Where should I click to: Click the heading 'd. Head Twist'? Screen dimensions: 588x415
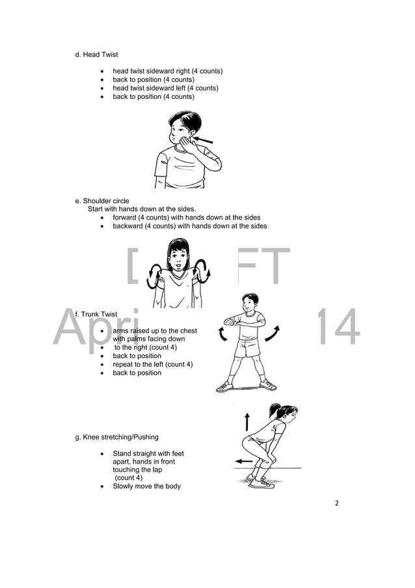pyautogui.click(x=97, y=55)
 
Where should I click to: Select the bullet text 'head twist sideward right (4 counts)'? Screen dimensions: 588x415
pyautogui.click(x=168, y=71)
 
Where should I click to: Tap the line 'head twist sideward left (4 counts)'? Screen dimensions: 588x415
pyautogui.click(x=165, y=88)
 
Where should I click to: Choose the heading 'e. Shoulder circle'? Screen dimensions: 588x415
pyautogui.click(x=103, y=201)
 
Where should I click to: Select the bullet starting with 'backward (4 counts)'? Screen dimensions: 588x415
pyautogui.click(x=190, y=226)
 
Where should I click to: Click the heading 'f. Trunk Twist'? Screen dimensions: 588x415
pyautogui.click(x=96, y=315)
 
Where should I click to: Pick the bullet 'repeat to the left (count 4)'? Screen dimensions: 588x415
pyautogui.click(x=152, y=365)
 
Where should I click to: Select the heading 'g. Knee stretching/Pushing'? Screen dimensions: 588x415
pyautogui.click(x=117, y=437)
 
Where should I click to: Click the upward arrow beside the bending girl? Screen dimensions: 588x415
pyautogui.click(x=247, y=421)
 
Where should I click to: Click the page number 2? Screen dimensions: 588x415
pyautogui.click(x=337, y=503)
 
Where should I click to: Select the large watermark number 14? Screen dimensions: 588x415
pyautogui.click(x=337, y=328)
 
